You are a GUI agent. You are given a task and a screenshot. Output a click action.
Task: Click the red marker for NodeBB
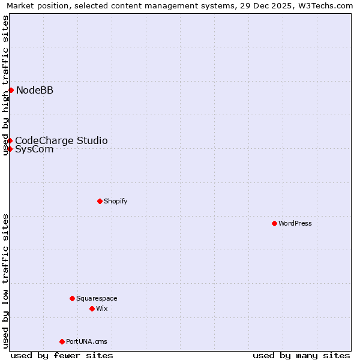coord(11,90)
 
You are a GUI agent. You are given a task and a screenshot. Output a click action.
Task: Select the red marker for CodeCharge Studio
coord(10,140)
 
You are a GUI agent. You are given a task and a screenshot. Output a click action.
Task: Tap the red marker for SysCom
coord(10,149)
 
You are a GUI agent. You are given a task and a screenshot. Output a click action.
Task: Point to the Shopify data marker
coord(100,201)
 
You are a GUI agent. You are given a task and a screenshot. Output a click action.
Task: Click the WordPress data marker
coord(274,223)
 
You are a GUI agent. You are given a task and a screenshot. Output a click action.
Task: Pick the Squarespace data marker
coord(72,298)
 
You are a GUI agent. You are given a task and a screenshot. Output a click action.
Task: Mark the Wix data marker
coord(92,308)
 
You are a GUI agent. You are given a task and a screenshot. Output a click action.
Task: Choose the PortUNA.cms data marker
coord(62,341)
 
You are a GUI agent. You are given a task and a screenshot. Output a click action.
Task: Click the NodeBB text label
coord(35,90)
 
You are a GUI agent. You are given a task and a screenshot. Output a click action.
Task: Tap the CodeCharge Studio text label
coord(61,140)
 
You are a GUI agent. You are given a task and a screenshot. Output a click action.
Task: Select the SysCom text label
coord(34,149)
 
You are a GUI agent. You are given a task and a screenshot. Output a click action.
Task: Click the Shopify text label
coord(115,201)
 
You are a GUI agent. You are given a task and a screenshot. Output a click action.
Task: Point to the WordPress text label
coord(295,223)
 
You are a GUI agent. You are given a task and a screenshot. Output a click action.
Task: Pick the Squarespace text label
coord(97,298)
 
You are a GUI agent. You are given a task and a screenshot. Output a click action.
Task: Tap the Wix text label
coord(101,308)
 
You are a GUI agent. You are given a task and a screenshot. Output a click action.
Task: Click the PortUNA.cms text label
coord(86,341)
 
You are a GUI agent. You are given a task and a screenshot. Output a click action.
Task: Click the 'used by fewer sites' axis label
coord(62,355)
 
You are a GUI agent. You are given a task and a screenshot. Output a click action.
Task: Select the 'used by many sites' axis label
coord(301,355)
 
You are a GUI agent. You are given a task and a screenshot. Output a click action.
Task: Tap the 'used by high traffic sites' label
coord(5,85)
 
